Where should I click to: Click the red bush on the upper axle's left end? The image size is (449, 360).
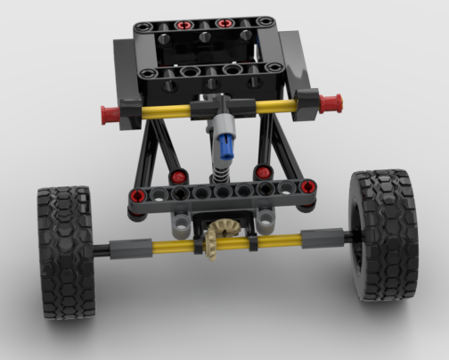click(x=110, y=113)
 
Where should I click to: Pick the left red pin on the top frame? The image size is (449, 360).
click(x=184, y=24)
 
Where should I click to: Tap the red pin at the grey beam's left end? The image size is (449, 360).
click(x=136, y=196)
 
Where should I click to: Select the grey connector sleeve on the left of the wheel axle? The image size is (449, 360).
click(x=121, y=247)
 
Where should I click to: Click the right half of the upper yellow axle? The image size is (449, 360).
click(x=273, y=104)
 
